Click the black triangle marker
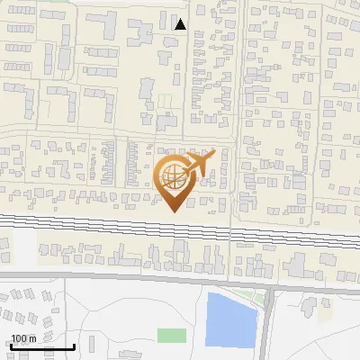[x=181, y=24]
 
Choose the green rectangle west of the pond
[x=171, y=336]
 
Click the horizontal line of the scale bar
[x=41, y=347]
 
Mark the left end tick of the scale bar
[x=9, y=346]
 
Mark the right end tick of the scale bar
[x=75, y=346]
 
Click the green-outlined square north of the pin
[x=166, y=101]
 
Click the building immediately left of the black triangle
[x=164, y=21]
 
